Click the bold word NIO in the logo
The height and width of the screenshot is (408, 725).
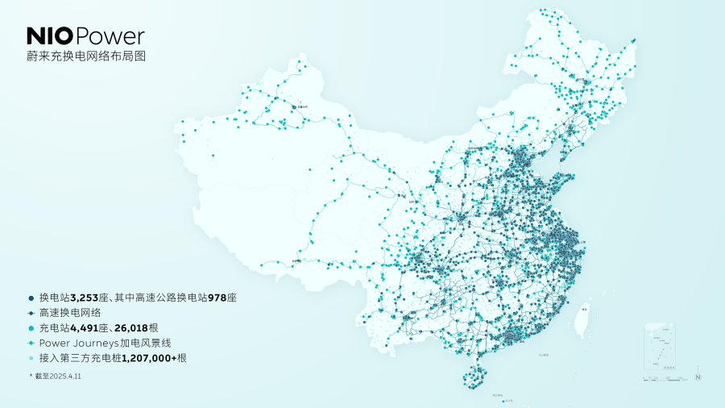click(51, 35)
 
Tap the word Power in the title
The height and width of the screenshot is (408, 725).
click(112, 35)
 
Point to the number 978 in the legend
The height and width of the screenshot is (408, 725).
click(217, 298)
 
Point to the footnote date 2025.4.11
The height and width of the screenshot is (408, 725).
click(71, 377)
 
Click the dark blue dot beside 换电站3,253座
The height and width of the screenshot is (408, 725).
click(31, 298)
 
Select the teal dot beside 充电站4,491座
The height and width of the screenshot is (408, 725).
click(31, 327)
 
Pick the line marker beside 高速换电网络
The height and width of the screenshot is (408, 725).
click(31, 313)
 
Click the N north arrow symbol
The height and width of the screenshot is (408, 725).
click(698, 375)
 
